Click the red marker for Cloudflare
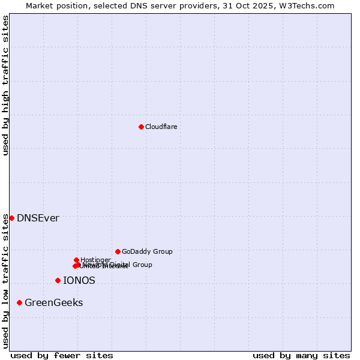click(141, 127)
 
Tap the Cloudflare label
click(161, 127)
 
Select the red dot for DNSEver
click(11, 218)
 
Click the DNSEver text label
click(38, 218)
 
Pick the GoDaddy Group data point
click(118, 251)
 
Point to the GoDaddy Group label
click(147, 251)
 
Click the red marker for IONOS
click(58, 280)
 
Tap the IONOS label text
click(79, 280)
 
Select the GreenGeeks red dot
click(20, 302)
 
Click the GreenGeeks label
click(54, 303)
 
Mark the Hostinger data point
click(76, 260)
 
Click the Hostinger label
click(96, 260)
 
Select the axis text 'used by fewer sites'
click(62, 355)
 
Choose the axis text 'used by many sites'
click(301, 355)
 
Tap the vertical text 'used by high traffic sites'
click(5, 85)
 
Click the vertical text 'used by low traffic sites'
click(5, 280)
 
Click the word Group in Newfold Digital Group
click(142, 265)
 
